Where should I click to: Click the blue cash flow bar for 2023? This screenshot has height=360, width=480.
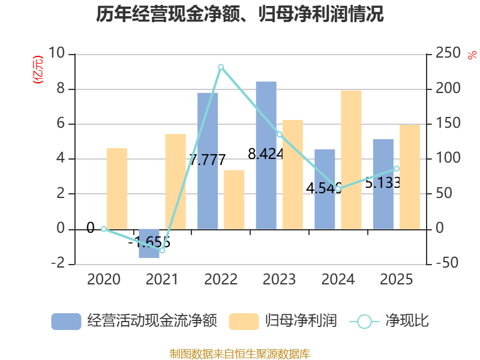pyautogui.click(x=266, y=155)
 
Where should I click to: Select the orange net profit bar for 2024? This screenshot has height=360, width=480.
pyautogui.click(x=351, y=160)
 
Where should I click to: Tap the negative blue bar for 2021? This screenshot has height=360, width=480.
pyautogui.click(x=149, y=244)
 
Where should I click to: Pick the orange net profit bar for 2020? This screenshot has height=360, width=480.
pyautogui.click(x=117, y=189)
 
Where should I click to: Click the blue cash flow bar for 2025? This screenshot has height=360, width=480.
pyautogui.click(x=383, y=184)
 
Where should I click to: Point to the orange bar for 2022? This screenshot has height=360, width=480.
pyautogui.click(x=234, y=200)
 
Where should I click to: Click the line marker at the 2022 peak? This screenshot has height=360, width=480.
pyautogui.click(x=221, y=67)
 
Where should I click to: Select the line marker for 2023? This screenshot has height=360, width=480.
pyautogui.click(x=280, y=134)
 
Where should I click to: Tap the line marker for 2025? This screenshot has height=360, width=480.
pyautogui.click(x=397, y=169)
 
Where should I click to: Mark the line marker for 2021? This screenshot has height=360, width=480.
pyautogui.click(x=163, y=250)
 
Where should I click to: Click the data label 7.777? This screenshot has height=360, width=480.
pyautogui.click(x=208, y=160)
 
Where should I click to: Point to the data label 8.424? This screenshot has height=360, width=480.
pyautogui.click(x=266, y=154)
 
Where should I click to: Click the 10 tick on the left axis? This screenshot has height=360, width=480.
pyautogui.click(x=56, y=53)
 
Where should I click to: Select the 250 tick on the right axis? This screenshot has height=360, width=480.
pyautogui.click(x=448, y=53)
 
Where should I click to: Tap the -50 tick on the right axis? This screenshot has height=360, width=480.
pyautogui.click(x=447, y=263)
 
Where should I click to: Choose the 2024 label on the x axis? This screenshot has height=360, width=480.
pyautogui.click(x=338, y=280)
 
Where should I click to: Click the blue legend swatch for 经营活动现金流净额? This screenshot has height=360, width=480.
pyautogui.click(x=66, y=322)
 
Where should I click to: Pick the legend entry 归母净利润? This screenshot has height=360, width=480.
pyautogui.click(x=301, y=321)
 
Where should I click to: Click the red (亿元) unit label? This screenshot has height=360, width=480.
pyautogui.click(x=38, y=70)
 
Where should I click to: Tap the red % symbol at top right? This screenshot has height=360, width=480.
pyautogui.click(x=472, y=55)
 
